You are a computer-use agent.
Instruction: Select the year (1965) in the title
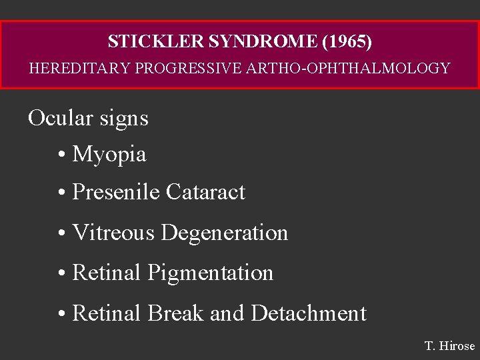tap(347, 41)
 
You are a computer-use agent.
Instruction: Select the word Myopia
tap(109, 155)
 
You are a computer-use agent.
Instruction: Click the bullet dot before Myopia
tap(61, 155)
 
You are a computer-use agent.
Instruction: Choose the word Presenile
tap(116, 192)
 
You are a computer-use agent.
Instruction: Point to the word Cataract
tap(205, 192)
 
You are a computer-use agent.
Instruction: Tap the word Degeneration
tap(224, 233)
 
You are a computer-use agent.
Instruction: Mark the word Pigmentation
tap(210, 273)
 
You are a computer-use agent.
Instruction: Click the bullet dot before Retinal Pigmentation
tap(61, 273)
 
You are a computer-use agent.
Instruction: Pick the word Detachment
tap(309, 313)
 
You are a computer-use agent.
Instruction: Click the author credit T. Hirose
tap(449, 346)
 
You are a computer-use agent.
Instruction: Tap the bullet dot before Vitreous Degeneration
tap(61, 233)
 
